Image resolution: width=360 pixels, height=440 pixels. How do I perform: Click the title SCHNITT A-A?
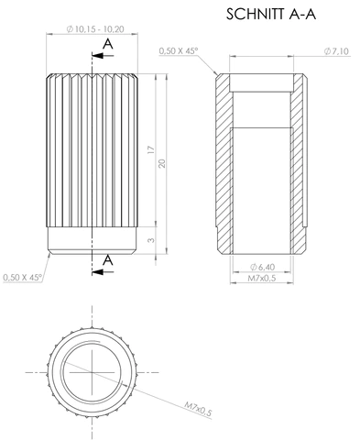[x=271, y=14]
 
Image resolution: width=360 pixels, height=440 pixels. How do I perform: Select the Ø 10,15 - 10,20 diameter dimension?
[x=95, y=29]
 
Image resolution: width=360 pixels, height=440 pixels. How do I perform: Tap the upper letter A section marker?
[x=108, y=44]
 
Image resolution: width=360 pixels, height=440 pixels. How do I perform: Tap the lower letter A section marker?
[x=108, y=260]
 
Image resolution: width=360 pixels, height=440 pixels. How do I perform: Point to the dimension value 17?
[x=151, y=150]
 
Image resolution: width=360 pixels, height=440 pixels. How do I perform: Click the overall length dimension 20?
[x=162, y=163]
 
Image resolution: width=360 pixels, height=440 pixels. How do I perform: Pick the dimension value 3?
[x=151, y=240]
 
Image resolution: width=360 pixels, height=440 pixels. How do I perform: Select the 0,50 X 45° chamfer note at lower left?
[x=23, y=278]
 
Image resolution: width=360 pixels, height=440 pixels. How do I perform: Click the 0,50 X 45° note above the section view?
[x=179, y=50]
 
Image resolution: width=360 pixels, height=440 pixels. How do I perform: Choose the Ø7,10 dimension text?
[x=336, y=51]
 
